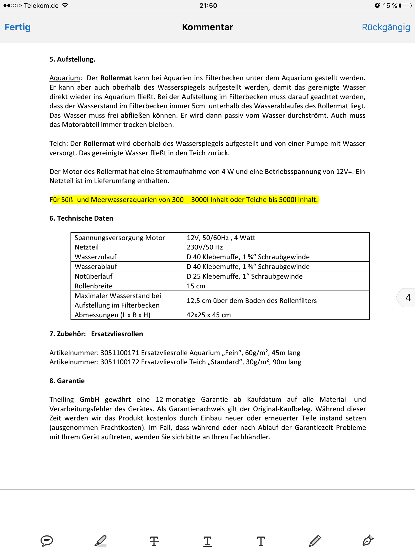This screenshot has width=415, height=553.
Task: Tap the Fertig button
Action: coord(18,27)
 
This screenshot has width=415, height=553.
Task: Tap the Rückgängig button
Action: coord(386,27)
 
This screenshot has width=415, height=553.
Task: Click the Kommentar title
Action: coord(207,27)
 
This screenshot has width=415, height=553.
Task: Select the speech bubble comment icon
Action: coord(46,541)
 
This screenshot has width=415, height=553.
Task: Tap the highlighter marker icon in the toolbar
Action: coord(101,541)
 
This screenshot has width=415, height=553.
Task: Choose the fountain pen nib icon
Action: coord(368,541)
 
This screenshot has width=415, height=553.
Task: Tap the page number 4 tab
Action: coord(408,298)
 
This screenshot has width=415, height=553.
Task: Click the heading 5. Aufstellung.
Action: coord(72,59)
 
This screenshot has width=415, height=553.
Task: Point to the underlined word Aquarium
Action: coord(65,78)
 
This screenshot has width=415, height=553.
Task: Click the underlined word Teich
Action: coord(58,144)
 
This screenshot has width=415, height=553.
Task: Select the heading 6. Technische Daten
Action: coord(81,218)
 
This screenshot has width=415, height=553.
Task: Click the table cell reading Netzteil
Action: coord(86,247)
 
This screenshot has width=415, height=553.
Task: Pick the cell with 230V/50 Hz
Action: coord(205,247)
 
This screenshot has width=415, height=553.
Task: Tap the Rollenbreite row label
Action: coord(93,286)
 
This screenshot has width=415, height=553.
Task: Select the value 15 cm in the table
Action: coord(196,286)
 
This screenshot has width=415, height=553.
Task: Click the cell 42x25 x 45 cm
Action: coord(209,315)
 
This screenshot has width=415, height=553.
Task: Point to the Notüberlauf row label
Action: coord(93,276)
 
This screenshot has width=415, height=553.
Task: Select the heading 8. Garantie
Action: coord(67,381)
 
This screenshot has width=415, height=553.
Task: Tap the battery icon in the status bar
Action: coord(405,6)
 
